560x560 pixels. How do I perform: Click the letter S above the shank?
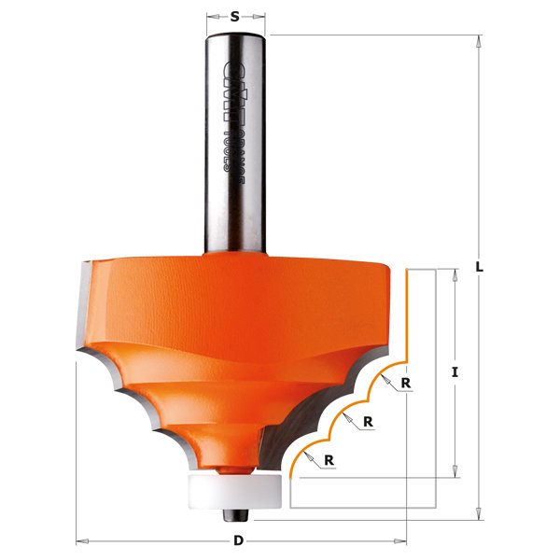point(234,15)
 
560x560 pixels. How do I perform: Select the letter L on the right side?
point(479,266)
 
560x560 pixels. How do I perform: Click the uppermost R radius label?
point(407,383)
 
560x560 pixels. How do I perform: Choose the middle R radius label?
point(369,421)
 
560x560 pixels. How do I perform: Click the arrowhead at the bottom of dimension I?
point(455,472)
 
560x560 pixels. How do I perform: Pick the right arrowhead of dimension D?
point(402,540)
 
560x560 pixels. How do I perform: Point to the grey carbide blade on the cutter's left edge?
point(82,308)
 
